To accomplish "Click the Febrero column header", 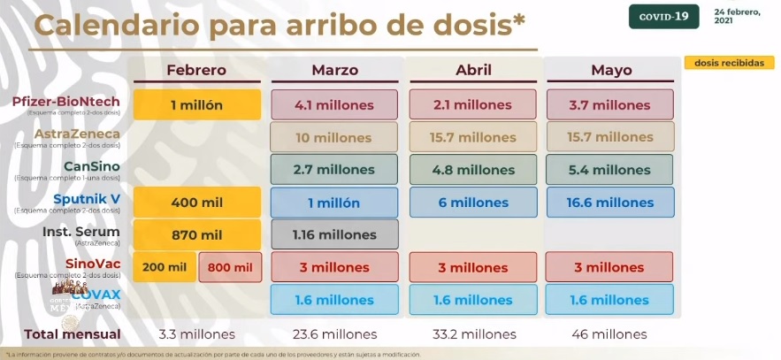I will (196, 71).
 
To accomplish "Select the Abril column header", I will (473, 71).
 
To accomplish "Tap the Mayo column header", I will (610, 71).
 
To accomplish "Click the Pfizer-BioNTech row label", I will (65, 101).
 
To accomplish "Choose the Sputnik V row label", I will (86, 198).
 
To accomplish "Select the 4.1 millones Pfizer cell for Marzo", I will (334, 104).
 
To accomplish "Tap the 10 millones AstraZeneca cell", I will (334, 137).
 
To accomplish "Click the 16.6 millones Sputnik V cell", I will (610, 203).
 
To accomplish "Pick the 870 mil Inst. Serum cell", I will (196, 234).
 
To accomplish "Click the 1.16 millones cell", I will (334, 234).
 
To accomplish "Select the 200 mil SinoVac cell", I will (164, 267).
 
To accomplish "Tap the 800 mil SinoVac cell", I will (230, 267).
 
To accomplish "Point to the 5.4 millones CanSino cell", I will (610, 170).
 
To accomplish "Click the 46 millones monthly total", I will (610, 334).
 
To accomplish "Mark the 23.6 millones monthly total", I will (334, 334).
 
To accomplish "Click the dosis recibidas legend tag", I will (728, 63).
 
